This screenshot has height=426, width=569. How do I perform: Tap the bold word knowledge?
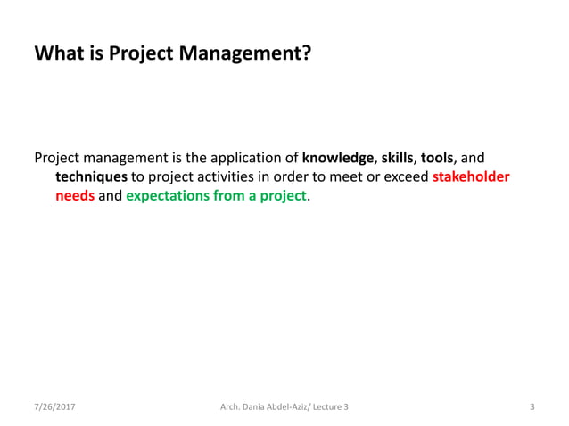click(338, 158)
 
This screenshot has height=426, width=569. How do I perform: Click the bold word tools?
click(437, 158)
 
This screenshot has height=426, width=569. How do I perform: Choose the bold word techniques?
click(91, 176)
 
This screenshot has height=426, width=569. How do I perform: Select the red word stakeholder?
click(470, 176)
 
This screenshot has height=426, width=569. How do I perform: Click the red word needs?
click(75, 195)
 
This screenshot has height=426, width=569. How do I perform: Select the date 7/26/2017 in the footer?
click(54, 407)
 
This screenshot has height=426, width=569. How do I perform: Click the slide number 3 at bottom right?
click(532, 407)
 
